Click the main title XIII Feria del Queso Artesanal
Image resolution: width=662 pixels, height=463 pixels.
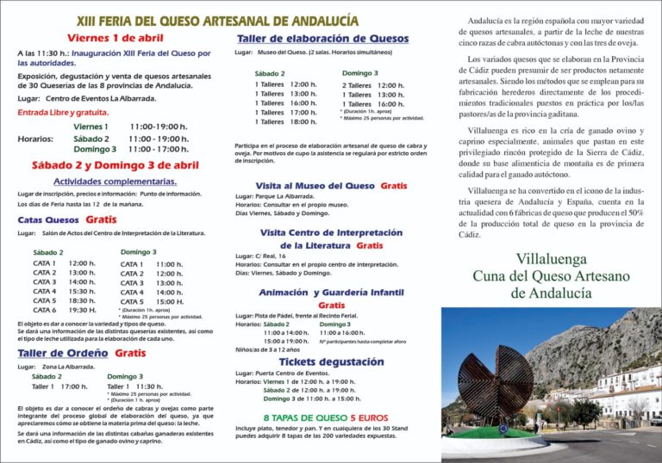[x=217, y=20]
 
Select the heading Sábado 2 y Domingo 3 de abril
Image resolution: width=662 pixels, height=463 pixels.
[x=115, y=164]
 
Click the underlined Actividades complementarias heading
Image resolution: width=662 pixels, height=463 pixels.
[x=115, y=182]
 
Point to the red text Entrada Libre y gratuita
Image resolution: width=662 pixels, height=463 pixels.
[x=63, y=112]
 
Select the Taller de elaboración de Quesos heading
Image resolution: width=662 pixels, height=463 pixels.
[x=322, y=39]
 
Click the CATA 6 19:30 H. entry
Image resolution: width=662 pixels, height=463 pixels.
[x=64, y=310]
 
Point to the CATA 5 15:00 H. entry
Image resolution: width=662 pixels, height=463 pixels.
[x=152, y=302]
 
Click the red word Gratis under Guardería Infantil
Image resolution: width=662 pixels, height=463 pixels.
[x=331, y=306]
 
